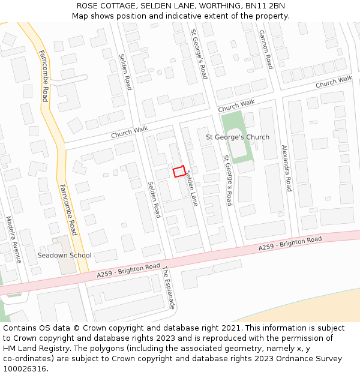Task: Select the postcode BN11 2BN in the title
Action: [x=265, y=6]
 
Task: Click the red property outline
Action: [x=179, y=172]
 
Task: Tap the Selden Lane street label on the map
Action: [x=191, y=188]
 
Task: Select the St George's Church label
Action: [x=238, y=137]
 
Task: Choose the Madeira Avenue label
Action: [x=13, y=239]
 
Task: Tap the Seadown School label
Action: [x=64, y=255]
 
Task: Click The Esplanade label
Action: [x=169, y=288]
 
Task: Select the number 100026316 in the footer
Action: [x=24, y=369]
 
